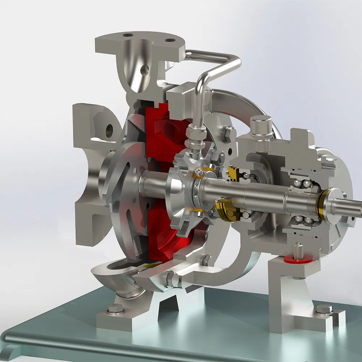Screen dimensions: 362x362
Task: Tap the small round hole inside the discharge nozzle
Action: (x=145, y=69)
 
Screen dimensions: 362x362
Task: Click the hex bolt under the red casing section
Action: (x=205, y=259)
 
